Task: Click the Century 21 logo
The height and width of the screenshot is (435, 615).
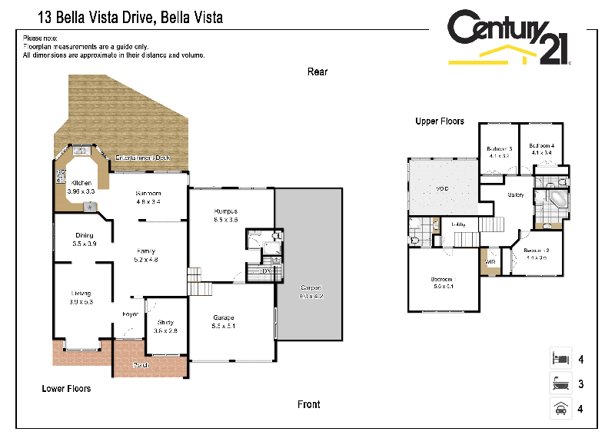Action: tap(508, 39)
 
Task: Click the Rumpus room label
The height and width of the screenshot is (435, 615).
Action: tap(226, 211)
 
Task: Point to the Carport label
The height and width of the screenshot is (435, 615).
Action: tap(311, 287)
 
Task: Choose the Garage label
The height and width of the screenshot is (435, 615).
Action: tap(224, 317)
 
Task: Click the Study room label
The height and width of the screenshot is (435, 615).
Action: tap(165, 322)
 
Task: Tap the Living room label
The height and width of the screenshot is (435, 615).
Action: tap(81, 294)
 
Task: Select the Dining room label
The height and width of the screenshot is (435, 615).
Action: tap(84, 235)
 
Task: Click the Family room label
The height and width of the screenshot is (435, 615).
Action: tap(146, 251)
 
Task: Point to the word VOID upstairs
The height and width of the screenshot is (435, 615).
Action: tap(442, 188)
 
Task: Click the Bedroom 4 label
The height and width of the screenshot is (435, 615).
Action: tap(542, 146)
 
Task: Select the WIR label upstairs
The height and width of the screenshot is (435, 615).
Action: tap(490, 262)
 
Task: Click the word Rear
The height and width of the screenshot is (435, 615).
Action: tap(317, 71)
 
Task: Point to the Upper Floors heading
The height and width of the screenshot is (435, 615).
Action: tap(439, 121)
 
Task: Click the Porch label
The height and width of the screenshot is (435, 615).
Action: tap(142, 364)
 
